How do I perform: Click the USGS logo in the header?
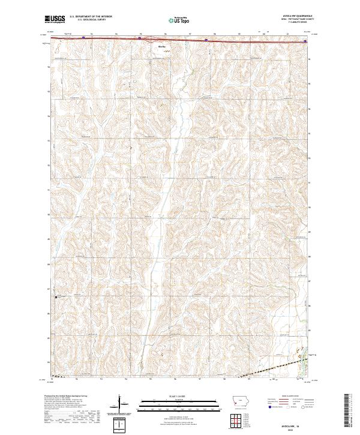point(55,20)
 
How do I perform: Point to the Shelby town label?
point(161,46)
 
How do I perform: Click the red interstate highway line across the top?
point(108,38)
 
